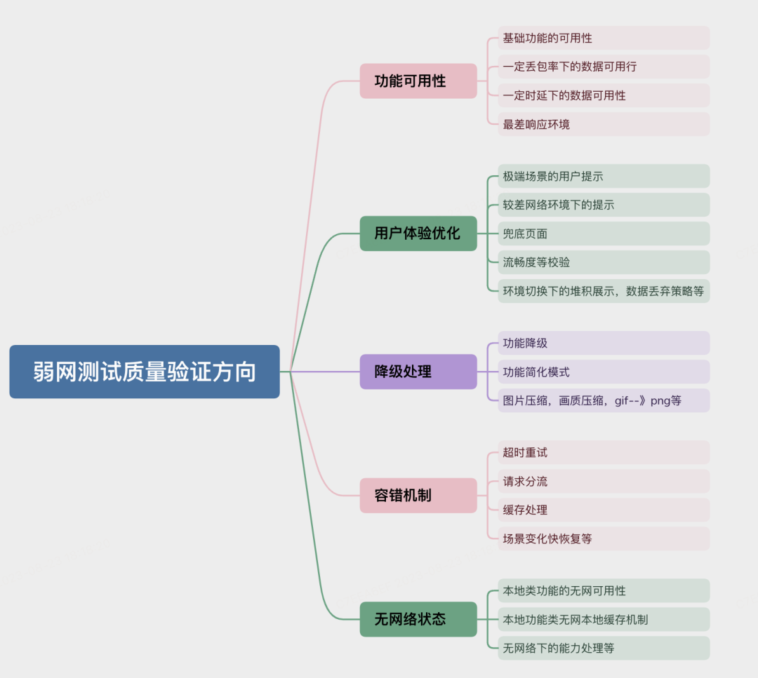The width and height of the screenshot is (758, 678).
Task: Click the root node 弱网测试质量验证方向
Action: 145,372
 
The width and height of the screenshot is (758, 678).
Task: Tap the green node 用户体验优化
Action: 418,233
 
